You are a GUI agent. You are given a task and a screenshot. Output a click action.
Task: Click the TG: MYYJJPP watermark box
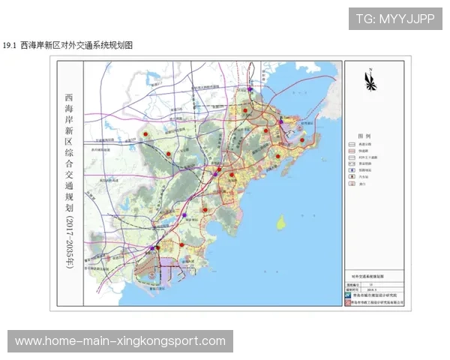395,19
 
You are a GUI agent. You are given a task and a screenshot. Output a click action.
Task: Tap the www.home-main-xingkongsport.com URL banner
120,341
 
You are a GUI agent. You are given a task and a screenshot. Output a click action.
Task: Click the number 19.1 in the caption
10,46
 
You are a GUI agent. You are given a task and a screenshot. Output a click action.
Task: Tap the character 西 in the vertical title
70,97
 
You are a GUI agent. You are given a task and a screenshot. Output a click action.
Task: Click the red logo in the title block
347,303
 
